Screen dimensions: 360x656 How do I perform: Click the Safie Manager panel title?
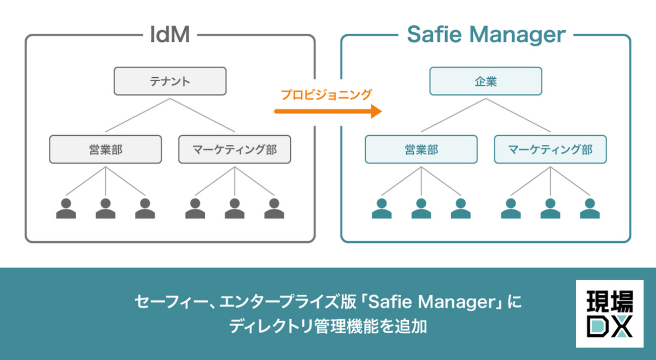coord(486,36)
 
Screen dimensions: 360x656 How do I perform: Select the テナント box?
coord(170,81)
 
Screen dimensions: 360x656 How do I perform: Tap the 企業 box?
coord(486,81)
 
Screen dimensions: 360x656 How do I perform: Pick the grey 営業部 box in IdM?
coord(105,149)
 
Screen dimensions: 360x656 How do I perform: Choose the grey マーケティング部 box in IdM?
coord(235,149)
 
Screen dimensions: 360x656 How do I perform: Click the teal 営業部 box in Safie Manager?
coord(421,149)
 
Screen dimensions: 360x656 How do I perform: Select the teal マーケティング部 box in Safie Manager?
coord(551,149)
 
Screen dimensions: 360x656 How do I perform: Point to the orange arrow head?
coord(376,111)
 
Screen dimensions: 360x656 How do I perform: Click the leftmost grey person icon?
coord(66,208)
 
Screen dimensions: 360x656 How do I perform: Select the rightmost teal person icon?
coord(590,208)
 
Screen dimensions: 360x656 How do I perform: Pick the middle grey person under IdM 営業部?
coord(105,208)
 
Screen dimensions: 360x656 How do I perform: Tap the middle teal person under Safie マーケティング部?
coord(551,208)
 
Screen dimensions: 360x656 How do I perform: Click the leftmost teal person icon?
coord(381,208)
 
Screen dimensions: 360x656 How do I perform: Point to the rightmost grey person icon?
coord(274,208)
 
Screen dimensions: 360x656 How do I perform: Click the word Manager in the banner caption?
coord(460,303)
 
